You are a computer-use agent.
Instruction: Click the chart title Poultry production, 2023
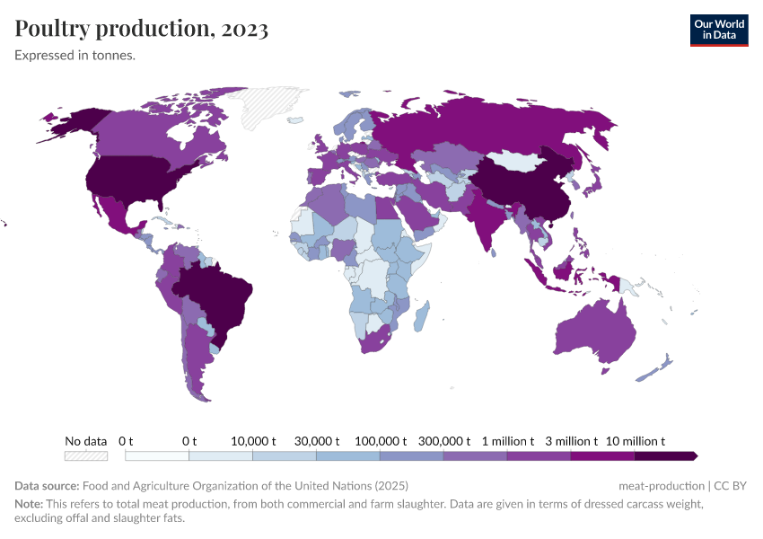click(141, 29)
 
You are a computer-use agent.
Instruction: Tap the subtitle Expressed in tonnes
click(75, 56)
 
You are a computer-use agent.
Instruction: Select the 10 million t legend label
click(635, 441)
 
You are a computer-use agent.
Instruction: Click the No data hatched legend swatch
click(86, 456)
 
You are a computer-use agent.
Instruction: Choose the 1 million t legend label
click(507, 441)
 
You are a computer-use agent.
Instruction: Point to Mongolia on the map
click(518, 161)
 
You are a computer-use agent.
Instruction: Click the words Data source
click(47, 486)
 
